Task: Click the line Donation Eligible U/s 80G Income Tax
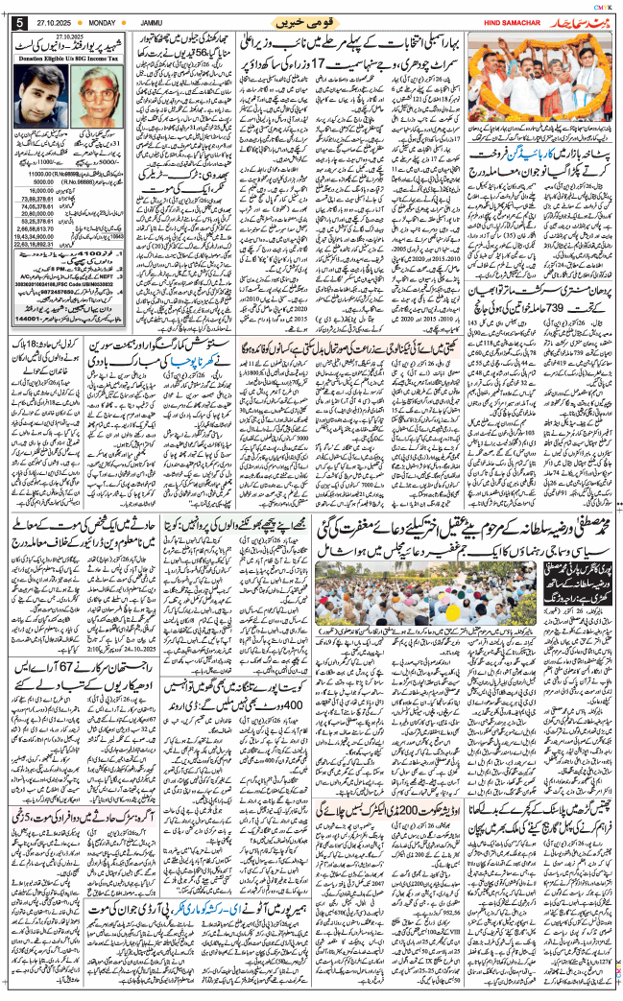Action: click(x=69, y=58)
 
